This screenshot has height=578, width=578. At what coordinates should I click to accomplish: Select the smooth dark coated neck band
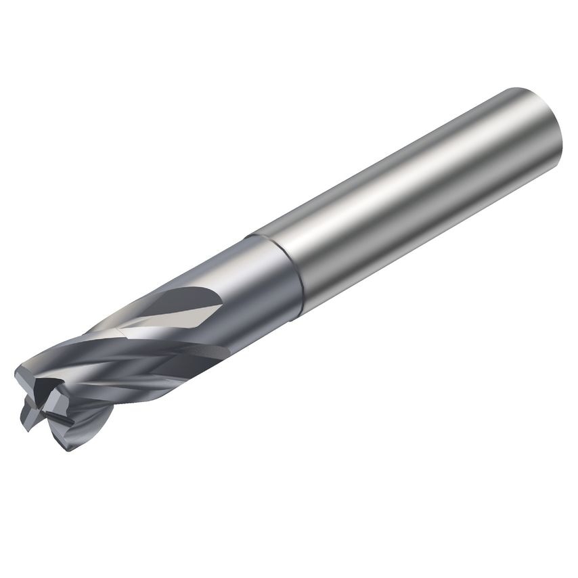click(264, 284)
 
